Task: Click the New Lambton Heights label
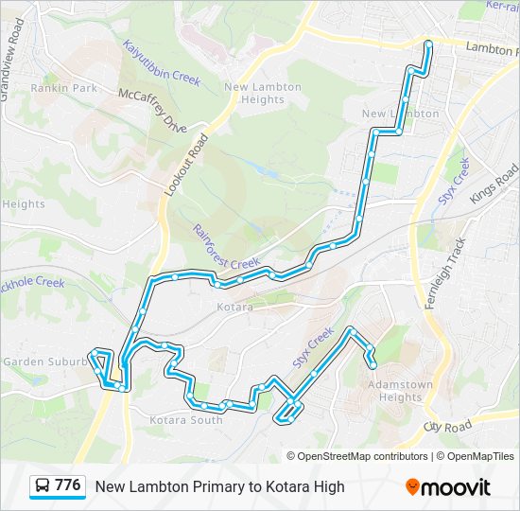(262, 93)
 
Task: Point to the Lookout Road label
(185, 165)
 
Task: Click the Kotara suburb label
(234, 308)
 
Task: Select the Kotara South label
(186, 420)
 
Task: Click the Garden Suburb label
(38, 361)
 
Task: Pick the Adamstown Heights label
(400, 391)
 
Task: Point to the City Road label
(447, 427)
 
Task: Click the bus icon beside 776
(43, 486)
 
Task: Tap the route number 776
(68, 485)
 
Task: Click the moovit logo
(448, 486)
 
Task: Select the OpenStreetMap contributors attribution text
(363, 456)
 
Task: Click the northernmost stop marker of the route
(428, 44)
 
